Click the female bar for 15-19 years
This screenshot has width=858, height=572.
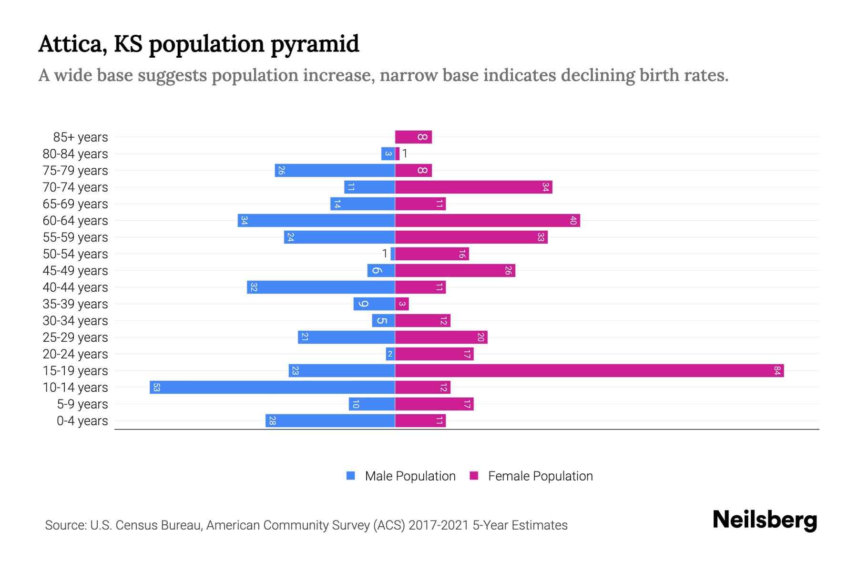pos(589,370)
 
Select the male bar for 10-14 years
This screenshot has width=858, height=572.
pos(272,387)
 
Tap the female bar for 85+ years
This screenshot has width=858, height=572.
pos(413,137)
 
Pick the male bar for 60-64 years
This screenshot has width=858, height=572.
pos(317,220)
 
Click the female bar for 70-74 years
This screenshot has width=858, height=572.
pos(473,187)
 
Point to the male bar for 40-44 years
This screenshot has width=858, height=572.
pos(321,287)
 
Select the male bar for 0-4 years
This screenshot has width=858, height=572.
pos(330,420)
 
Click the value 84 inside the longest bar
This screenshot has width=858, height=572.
pos(777,370)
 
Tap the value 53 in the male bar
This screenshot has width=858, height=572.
pos(156,387)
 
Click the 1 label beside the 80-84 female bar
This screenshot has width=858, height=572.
pos(405,153)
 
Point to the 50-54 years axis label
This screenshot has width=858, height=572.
pos(75,254)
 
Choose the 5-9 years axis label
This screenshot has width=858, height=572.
pos(82,404)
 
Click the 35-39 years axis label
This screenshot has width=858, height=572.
pos(75,304)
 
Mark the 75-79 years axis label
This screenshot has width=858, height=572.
pos(75,170)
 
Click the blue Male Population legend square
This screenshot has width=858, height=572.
pos(351,476)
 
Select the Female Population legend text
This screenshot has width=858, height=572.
pos(540,476)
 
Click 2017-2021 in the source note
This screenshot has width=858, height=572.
pos(439,525)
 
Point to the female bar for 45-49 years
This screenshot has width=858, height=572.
pos(455,270)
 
